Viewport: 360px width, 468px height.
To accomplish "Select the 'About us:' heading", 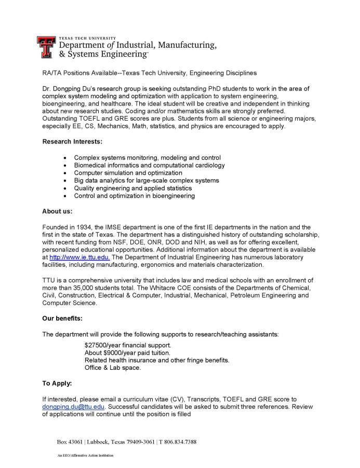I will coord(57,211).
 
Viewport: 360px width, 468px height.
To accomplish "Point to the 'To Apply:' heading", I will coord(57,383).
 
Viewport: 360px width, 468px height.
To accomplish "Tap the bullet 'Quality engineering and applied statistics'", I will coord(133,188).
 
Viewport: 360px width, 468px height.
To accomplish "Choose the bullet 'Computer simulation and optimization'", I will coord(128,173).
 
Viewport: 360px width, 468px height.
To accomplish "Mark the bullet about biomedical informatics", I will coord(150,165).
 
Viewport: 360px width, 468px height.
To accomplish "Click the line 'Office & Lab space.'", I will coord(112,368).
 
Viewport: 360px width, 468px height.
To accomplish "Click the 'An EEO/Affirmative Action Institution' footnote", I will coord(85,455).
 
